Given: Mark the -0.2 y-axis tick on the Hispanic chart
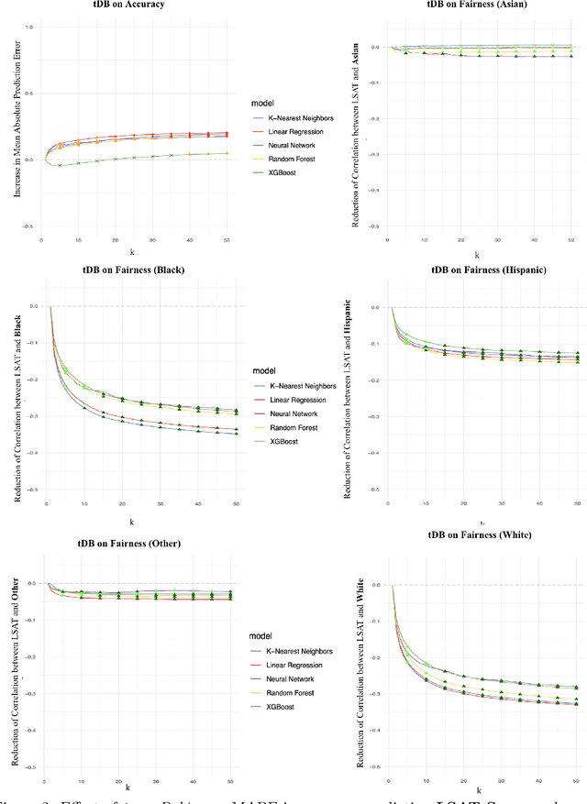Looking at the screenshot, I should click(375, 380).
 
